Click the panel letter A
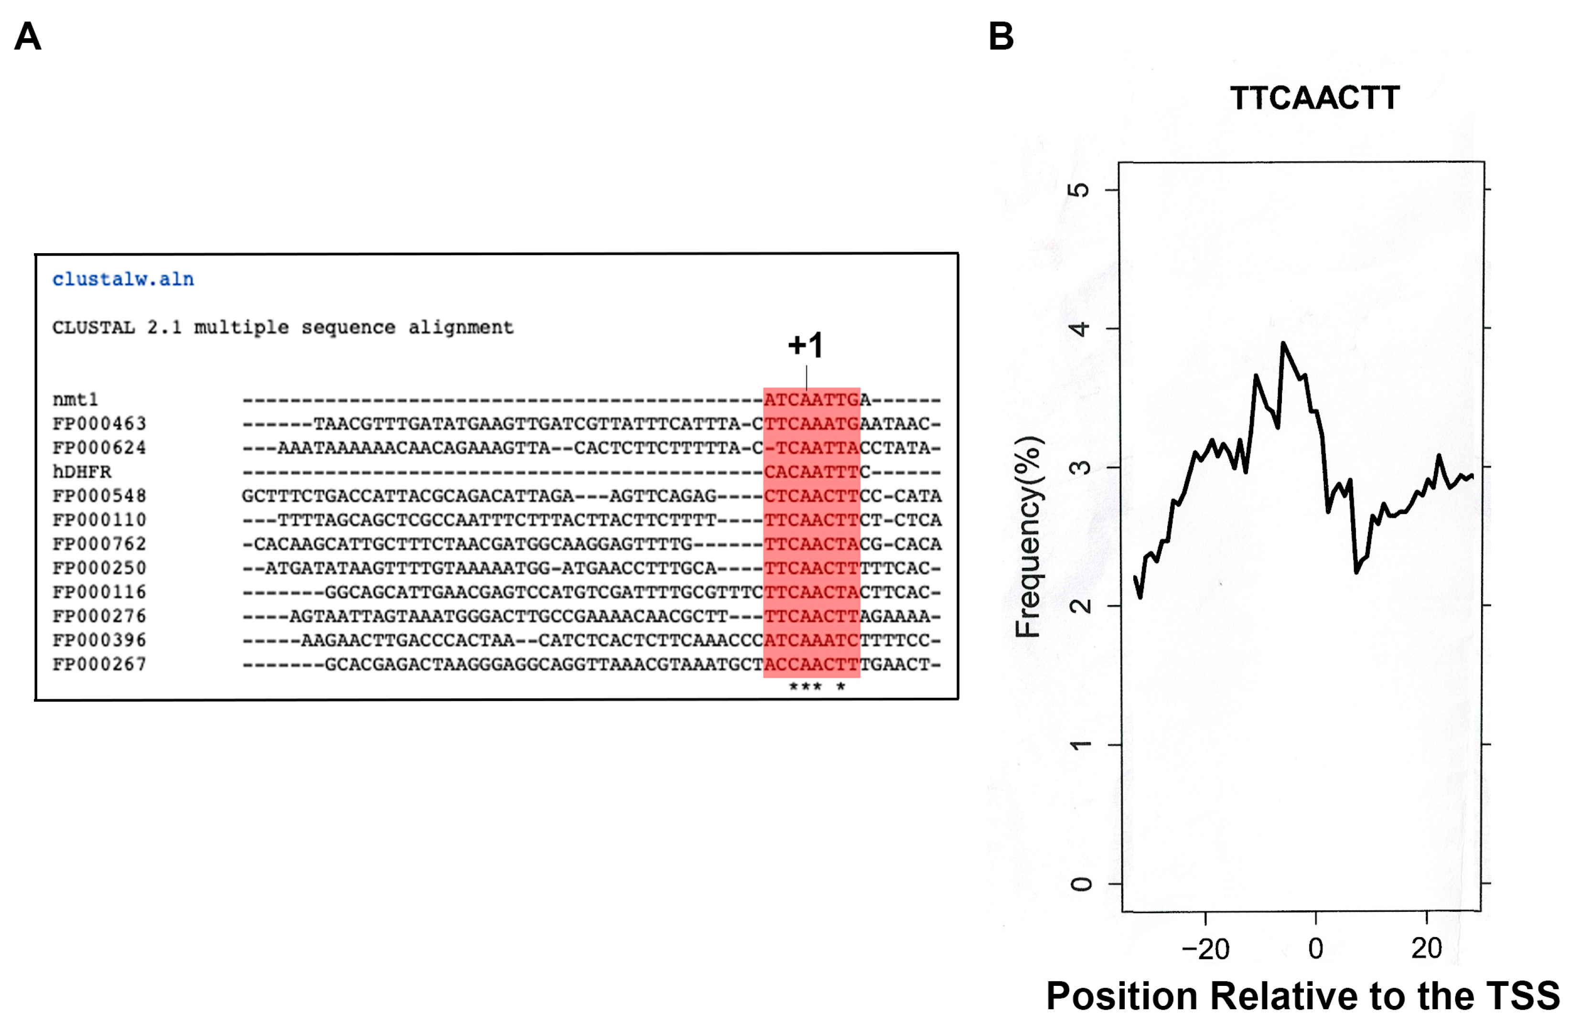click(x=28, y=36)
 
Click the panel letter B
click(x=1000, y=36)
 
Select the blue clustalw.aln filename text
click(x=123, y=279)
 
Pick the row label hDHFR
click(x=82, y=472)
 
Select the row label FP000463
click(x=99, y=424)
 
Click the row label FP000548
click(x=99, y=495)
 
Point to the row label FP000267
click(x=99, y=664)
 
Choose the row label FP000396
click(x=99, y=640)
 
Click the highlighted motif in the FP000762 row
click(x=811, y=544)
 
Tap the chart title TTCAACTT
click(x=1314, y=98)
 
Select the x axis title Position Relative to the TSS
click(x=1302, y=996)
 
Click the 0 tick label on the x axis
click(x=1316, y=949)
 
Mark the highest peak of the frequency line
click(x=1283, y=343)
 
